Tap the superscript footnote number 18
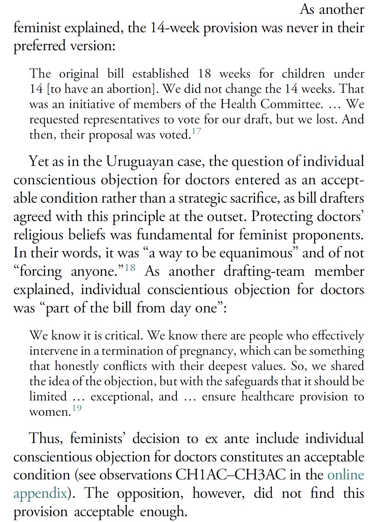pyautogui.click(x=130, y=268)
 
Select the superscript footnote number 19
pyautogui.click(x=77, y=408)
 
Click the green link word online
pyautogui.click(x=346, y=475)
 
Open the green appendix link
pyautogui.click(x=40, y=493)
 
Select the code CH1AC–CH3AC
pyautogui.click(x=231, y=475)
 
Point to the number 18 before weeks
pyautogui.click(x=204, y=74)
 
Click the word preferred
pyautogui.click(x=40, y=46)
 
